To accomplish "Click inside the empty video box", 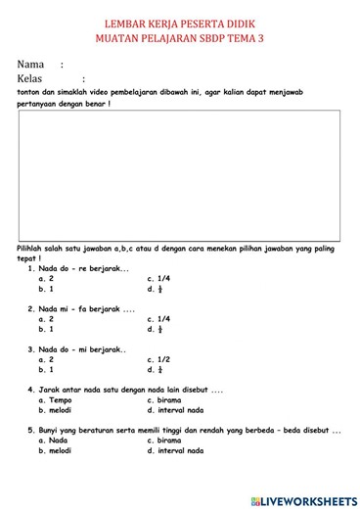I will (x=179, y=176).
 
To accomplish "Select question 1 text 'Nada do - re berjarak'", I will (x=83, y=267).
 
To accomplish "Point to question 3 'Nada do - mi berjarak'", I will (x=82, y=348).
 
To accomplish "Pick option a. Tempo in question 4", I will (x=54, y=399).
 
